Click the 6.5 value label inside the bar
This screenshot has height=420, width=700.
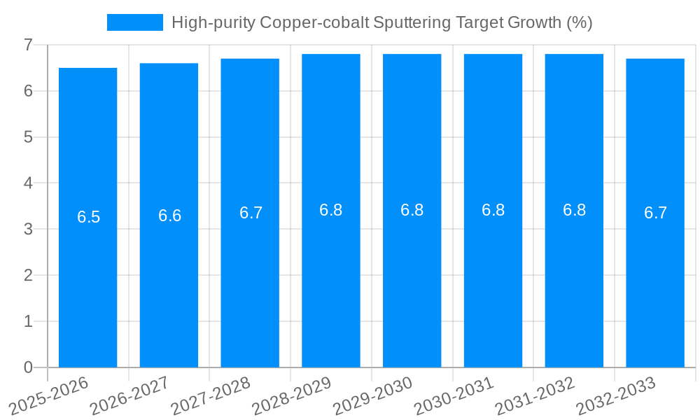tap(89, 217)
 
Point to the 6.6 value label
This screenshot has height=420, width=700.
tap(169, 216)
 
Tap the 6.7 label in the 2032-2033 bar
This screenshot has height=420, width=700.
tap(655, 213)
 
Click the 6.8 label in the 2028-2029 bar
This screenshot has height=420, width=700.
tap(331, 210)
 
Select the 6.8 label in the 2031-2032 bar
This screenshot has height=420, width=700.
tap(574, 210)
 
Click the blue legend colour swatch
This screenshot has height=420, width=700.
tap(134, 22)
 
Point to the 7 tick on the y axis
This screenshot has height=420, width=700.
tap(28, 45)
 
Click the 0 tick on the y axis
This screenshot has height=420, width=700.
tap(28, 367)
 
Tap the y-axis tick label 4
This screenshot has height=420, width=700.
tap(28, 183)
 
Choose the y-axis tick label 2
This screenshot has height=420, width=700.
tap(28, 275)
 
